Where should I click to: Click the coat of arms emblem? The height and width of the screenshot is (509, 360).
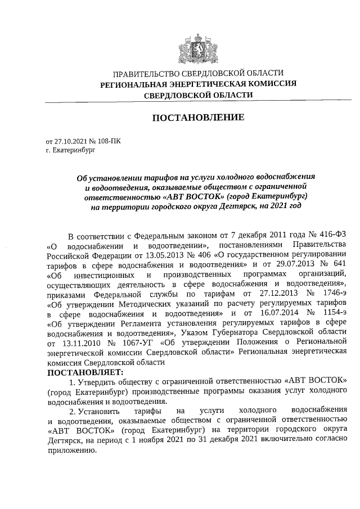[x=198, y=46]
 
